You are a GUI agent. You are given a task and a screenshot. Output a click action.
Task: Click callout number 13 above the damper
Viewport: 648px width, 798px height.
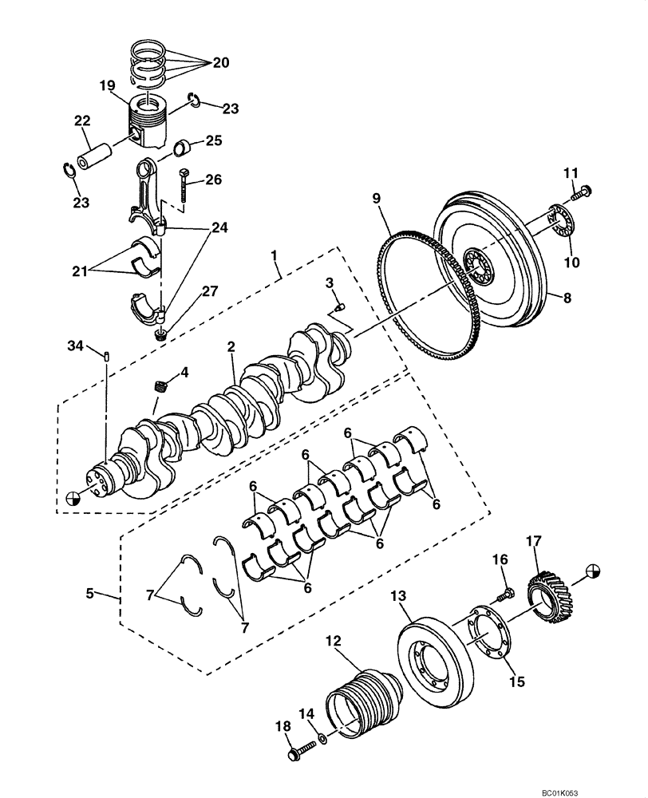click(399, 595)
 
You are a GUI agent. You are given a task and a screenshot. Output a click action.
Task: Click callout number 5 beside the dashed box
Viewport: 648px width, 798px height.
click(90, 593)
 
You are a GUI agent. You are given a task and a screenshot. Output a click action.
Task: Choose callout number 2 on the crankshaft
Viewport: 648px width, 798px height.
click(231, 346)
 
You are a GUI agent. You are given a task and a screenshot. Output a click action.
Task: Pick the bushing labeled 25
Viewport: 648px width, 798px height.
click(183, 148)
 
